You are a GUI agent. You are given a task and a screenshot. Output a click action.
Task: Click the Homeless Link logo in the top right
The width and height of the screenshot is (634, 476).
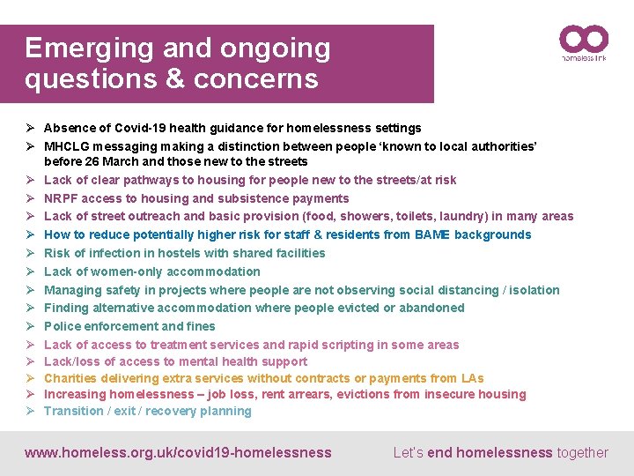tap(584, 43)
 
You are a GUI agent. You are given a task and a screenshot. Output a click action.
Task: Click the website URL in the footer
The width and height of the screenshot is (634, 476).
tap(178, 453)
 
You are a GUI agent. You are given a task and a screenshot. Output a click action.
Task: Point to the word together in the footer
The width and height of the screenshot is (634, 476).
tap(582, 453)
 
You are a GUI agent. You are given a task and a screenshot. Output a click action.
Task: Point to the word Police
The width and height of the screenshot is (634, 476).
tap(63, 326)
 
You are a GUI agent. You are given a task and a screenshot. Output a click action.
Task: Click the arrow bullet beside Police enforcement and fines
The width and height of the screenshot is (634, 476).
tap(29, 326)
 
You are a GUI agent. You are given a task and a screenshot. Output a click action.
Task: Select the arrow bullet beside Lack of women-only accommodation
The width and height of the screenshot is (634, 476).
tap(29, 271)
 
